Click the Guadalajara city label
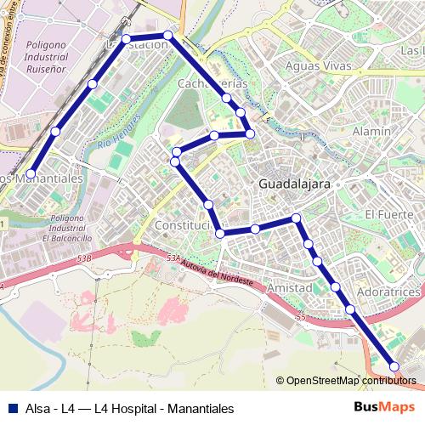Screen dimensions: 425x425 (294, 184)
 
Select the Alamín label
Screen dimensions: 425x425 (371, 131)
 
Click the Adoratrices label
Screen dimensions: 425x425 (390, 292)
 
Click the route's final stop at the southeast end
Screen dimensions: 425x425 (394, 366)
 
